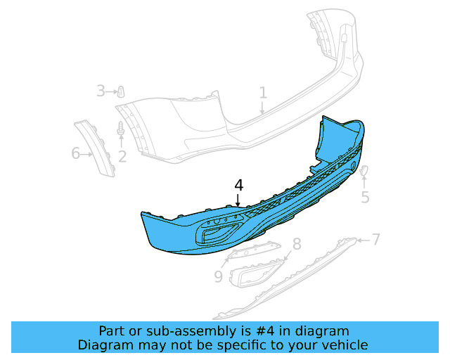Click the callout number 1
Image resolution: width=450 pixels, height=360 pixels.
(263, 92)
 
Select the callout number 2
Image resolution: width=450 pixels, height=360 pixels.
(122, 156)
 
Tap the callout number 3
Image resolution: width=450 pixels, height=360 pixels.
(101, 91)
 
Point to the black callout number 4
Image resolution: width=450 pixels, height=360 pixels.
(239, 185)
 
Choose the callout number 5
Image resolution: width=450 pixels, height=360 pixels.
(365, 197)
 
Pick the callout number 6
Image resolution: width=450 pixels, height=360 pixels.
(76, 153)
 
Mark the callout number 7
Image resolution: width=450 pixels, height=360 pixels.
(376, 239)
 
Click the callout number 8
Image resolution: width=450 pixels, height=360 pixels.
(297, 244)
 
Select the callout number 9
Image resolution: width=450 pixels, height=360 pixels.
(218, 277)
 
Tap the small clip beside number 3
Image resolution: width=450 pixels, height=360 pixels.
(120, 91)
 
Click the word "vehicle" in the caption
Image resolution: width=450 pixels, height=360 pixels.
(344, 345)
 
